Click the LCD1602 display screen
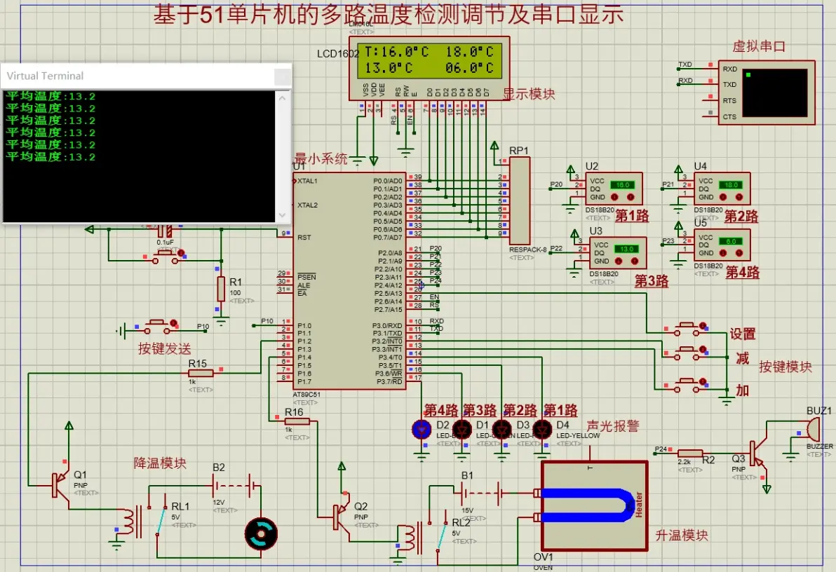pos(429,60)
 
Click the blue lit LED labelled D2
pos(422,429)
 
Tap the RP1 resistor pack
pos(519,200)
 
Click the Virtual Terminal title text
pos(45,76)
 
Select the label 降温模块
pos(161,463)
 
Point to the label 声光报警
pos(613,425)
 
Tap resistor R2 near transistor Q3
pos(691,454)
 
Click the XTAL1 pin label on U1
pos(307,181)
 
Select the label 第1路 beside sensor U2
pos(631,216)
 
